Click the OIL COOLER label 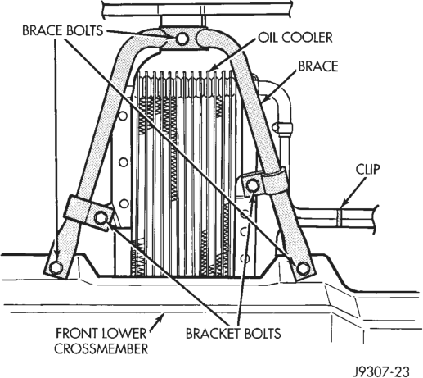point(295,38)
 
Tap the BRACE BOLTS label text point(63,30)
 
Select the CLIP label point(367,170)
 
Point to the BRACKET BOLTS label point(233,334)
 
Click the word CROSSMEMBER point(101,348)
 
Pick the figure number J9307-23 point(381,371)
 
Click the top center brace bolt point(181,39)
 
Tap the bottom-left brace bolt point(56,267)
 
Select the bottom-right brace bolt point(302,268)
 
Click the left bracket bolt point(101,218)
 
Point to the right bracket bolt point(252,186)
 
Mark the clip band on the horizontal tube point(339,217)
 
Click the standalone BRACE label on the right point(318,66)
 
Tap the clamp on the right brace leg point(275,180)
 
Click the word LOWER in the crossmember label point(124,334)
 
